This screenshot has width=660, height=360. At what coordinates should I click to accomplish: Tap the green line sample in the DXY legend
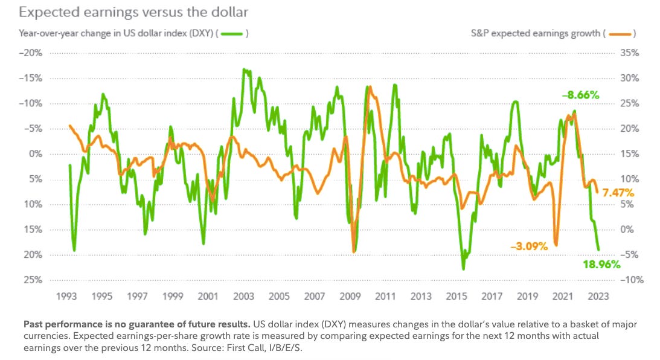point(235,34)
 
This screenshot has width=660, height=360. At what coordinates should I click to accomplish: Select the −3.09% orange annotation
point(528,246)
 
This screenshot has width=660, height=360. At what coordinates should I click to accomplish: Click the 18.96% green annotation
point(601,264)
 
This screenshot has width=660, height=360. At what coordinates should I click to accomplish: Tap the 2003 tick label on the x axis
point(243,296)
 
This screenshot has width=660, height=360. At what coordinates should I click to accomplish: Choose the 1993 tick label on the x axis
point(66,296)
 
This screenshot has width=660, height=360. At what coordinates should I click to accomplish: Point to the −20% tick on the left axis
point(31,53)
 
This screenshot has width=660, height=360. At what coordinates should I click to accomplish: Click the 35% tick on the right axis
point(630,53)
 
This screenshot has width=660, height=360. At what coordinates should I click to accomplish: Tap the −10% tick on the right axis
point(630,280)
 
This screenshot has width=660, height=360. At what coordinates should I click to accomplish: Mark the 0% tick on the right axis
point(628,230)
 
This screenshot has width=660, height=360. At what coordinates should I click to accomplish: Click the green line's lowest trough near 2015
point(463,269)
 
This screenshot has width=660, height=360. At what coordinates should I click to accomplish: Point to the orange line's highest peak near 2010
point(369,88)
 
